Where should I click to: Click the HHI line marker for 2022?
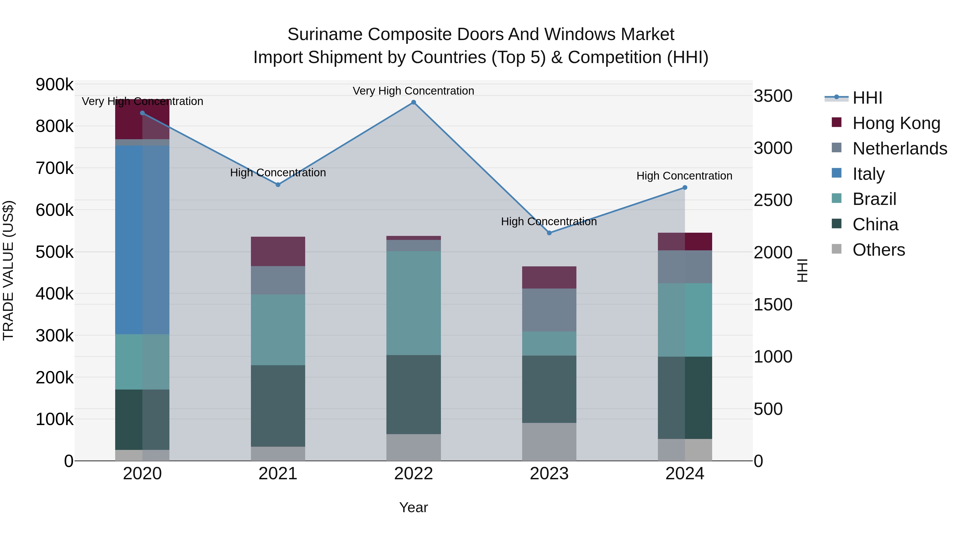point(413,102)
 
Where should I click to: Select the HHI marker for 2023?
point(549,233)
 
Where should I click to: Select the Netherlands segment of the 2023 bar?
point(549,310)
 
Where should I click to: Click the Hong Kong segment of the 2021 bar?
point(278,251)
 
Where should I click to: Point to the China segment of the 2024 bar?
point(685,398)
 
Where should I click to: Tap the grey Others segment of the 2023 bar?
point(549,442)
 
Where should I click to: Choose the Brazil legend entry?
point(874,199)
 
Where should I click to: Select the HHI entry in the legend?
point(867,98)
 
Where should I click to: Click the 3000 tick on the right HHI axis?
point(773,148)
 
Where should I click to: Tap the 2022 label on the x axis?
point(413,474)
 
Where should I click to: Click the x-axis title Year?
point(413,507)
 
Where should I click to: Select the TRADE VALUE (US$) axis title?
point(8,270)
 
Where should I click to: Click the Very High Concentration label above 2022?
point(413,91)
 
